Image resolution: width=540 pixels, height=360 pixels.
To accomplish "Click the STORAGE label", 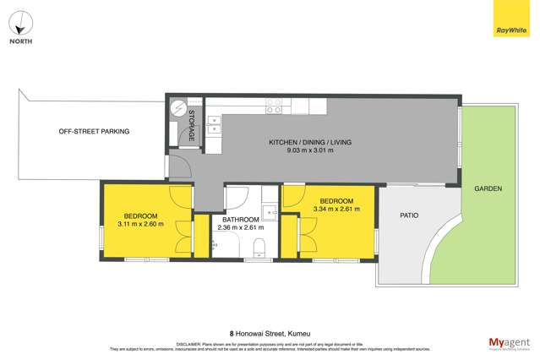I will pos(192,125).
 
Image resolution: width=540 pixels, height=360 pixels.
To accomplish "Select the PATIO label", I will pos(410,215).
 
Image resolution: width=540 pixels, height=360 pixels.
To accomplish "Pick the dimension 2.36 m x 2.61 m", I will pos(241,227).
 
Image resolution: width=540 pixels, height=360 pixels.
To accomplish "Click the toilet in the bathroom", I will pos(260,247).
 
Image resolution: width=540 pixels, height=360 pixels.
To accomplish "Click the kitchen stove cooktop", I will pos(274,106).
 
